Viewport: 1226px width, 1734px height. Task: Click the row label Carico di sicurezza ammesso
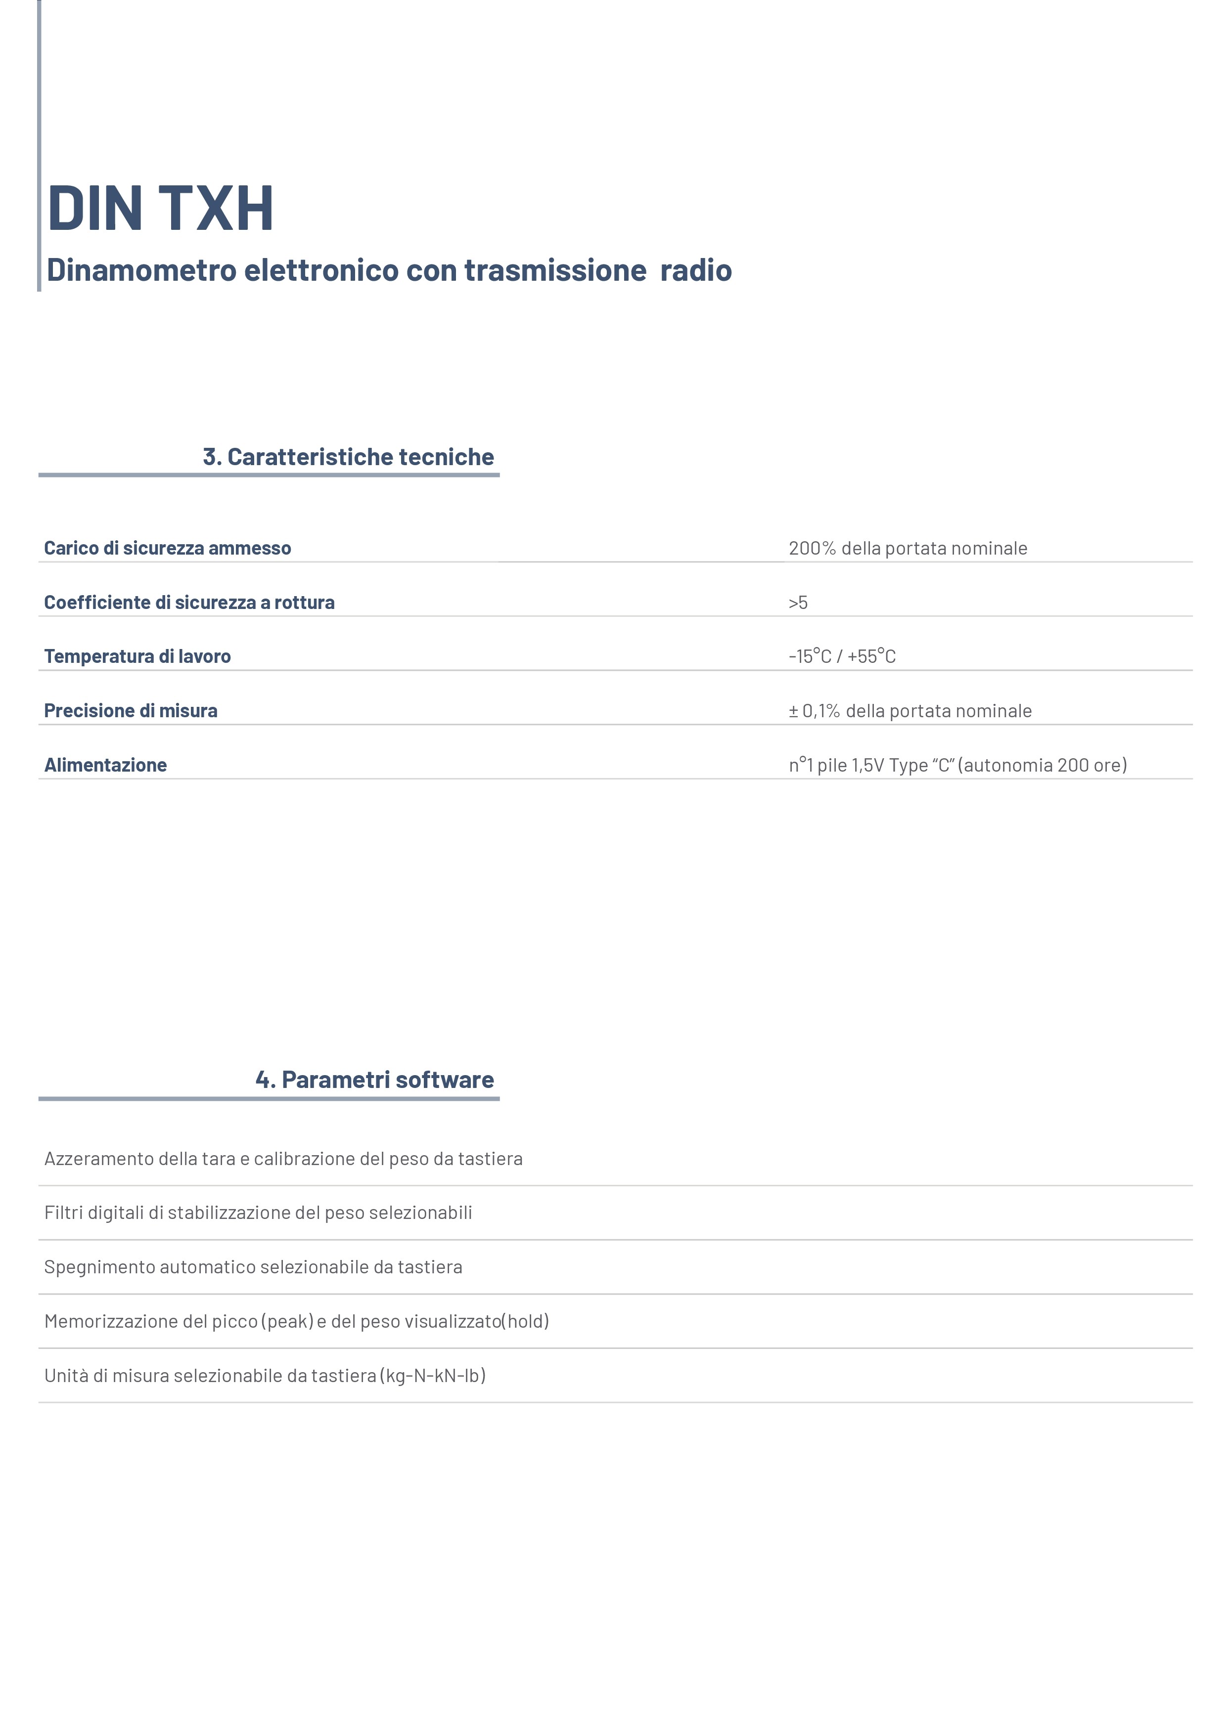click(x=167, y=548)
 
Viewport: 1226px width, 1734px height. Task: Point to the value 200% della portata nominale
click(x=907, y=548)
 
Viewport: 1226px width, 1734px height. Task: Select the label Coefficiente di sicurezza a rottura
click(x=189, y=602)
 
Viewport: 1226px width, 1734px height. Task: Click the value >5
click(x=798, y=602)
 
